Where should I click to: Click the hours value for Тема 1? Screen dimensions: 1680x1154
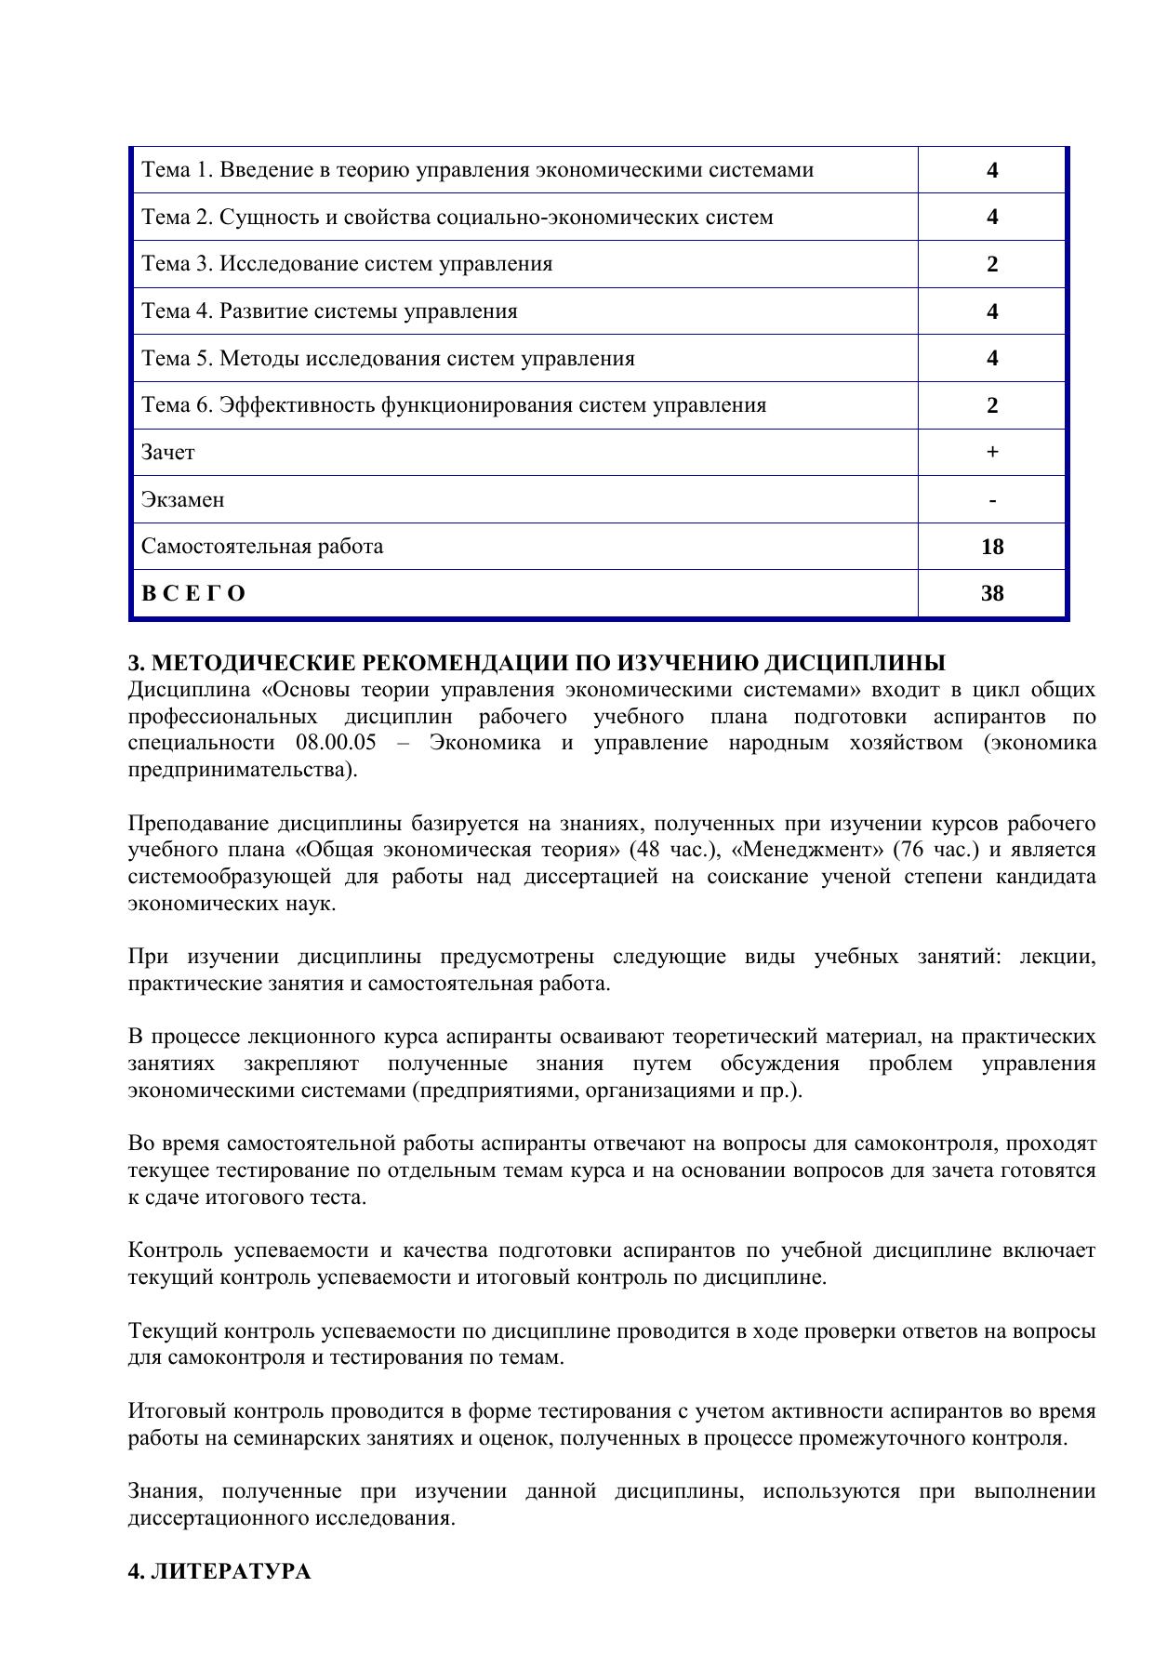tap(992, 170)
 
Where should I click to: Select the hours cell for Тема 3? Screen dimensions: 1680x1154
tap(992, 264)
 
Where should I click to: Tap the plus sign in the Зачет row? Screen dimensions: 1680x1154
tap(992, 452)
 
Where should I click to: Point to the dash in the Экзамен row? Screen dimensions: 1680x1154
tap(992, 501)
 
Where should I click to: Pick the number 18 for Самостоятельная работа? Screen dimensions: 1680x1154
tap(992, 547)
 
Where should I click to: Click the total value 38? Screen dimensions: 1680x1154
tap(992, 593)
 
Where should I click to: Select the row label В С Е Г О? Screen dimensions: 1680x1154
tap(193, 593)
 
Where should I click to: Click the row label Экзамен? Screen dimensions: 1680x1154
tap(182, 499)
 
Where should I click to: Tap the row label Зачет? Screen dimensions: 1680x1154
tap(167, 452)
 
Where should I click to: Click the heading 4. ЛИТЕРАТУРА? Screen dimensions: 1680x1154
tap(219, 1572)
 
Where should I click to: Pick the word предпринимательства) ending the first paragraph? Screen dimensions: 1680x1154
tap(242, 770)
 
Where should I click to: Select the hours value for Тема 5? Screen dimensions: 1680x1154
tap(992, 358)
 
